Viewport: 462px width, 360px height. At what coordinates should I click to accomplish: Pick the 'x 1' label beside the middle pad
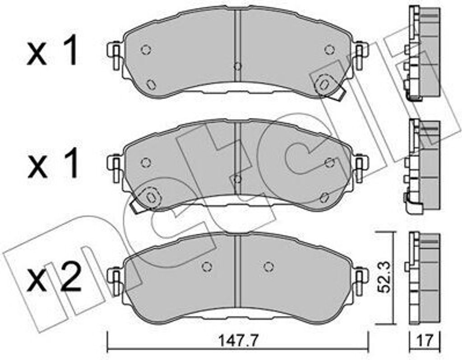[x=53, y=163]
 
